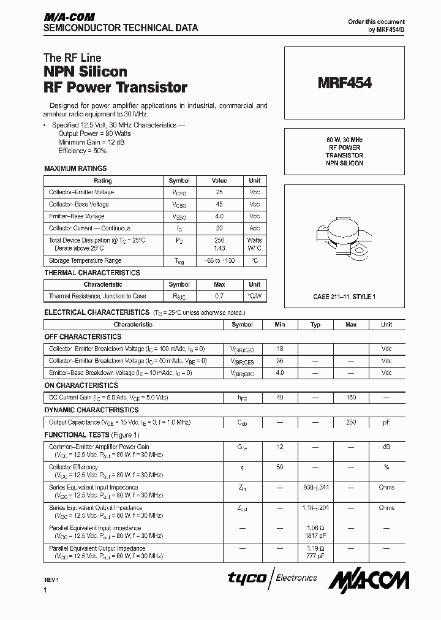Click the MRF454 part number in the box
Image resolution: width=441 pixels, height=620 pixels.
click(344, 83)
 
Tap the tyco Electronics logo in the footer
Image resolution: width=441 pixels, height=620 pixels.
click(273, 578)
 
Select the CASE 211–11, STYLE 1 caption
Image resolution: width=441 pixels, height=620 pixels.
click(344, 297)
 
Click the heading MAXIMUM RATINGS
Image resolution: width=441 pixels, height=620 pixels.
click(75, 168)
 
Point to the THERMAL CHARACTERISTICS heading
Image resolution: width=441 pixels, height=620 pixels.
click(92, 273)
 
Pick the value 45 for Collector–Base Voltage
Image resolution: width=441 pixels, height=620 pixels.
click(219, 204)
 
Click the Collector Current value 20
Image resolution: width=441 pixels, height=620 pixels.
click(219, 228)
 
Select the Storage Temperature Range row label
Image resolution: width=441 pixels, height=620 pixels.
click(85, 260)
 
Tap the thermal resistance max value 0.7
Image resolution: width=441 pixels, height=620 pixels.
click(219, 296)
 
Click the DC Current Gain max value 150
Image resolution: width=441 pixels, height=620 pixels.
click(351, 398)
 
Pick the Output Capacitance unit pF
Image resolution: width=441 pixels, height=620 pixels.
click(386, 422)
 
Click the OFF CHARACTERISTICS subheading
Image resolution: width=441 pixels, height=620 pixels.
click(83, 336)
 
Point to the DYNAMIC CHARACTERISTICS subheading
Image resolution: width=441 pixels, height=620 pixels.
click(91, 410)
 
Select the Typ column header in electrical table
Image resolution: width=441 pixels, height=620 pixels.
click(315, 325)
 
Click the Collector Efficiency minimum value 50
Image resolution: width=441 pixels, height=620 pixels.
click(280, 467)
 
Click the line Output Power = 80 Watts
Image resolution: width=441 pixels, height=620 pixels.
click(94, 133)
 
